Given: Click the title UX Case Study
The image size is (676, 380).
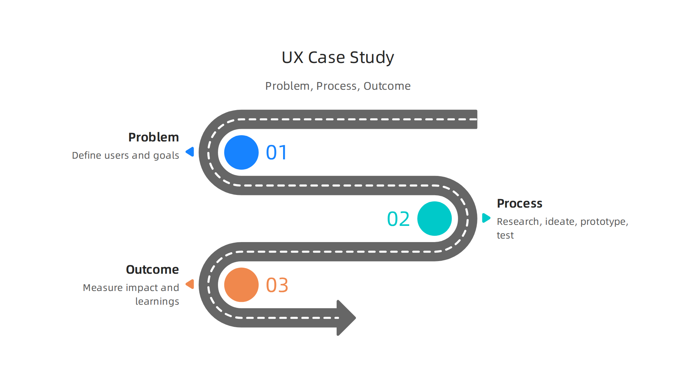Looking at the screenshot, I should pos(338,57).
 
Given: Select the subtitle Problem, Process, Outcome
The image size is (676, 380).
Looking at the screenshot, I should pos(338,86).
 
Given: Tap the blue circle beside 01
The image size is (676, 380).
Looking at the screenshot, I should pos(241,152).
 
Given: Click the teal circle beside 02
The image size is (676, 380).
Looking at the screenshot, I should pos(434,218).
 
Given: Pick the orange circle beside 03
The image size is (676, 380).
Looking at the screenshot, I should pos(241,285).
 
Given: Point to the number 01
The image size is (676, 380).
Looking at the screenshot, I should pos(277,153).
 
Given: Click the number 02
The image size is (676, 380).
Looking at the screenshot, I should pos(398,219).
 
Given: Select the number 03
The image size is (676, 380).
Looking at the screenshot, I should pos(277,285).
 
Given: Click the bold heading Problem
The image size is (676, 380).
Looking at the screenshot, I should pos(154,137).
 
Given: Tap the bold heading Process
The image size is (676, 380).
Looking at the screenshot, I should pos(519,203).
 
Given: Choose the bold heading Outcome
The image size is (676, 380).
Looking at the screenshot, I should pos(152,270).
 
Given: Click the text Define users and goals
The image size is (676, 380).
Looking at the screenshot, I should pos(125,155).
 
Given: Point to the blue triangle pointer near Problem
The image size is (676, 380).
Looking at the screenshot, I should pos(190,152).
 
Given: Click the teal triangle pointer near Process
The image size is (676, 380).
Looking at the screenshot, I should pos(486,218).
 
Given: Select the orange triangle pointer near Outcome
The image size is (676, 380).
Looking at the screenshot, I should pos(190,284).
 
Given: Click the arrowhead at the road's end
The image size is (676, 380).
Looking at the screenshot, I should pos(346,318).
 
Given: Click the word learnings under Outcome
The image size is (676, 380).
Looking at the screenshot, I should pos(157,302).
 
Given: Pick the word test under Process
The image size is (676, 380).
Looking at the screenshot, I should pos(505,235).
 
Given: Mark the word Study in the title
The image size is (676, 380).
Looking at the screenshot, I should pos(372,57).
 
